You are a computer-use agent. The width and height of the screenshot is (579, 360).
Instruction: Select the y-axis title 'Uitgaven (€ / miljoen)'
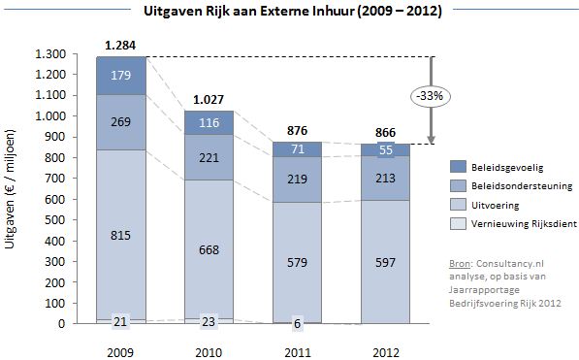(12, 189)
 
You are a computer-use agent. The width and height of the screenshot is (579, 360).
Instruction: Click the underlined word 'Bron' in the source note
(461, 263)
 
